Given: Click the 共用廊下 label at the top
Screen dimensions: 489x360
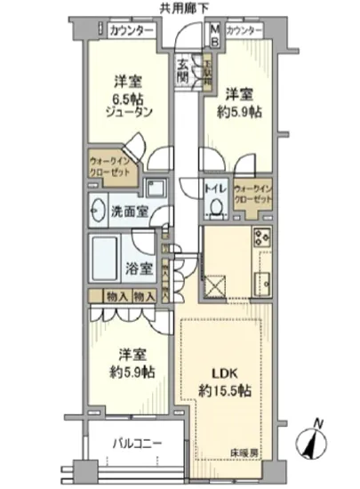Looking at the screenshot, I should pos(185,8).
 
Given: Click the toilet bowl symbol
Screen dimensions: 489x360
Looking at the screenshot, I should pos(216,207).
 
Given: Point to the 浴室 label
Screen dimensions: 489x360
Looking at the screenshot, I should pos(138,268).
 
